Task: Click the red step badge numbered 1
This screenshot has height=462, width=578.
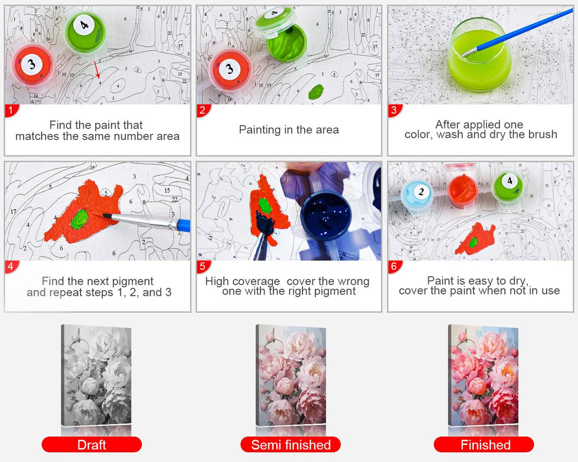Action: click(11, 110)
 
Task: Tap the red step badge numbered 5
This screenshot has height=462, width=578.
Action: click(203, 266)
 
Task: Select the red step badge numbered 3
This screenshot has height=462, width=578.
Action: click(395, 110)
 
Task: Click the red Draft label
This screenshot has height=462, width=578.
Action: click(91, 445)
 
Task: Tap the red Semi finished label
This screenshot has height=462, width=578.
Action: click(290, 445)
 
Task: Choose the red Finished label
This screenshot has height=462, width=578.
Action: click(484, 445)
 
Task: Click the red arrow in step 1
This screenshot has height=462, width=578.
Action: click(97, 69)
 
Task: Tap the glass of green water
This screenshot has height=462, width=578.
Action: click(479, 55)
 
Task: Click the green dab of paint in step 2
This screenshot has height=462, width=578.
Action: click(316, 91)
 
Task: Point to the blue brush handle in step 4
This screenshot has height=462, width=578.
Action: click(184, 225)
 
